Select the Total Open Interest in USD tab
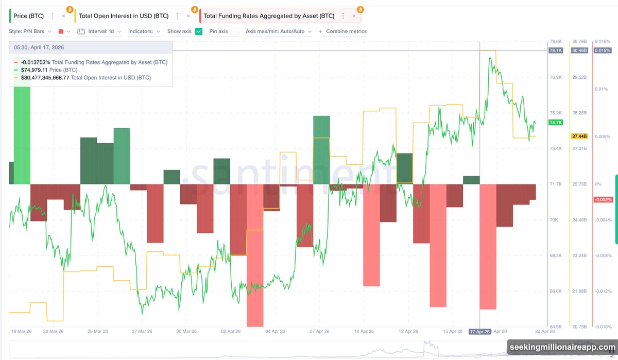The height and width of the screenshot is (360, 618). pyautogui.click(x=123, y=16)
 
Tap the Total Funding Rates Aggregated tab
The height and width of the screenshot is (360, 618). pyautogui.click(x=269, y=16)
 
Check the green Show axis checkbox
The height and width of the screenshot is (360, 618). pyautogui.click(x=199, y=31)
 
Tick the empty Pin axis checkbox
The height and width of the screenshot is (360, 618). pyautogui.click(x=235, y=31)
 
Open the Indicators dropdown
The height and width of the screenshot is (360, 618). pyautogui.click(x=144, y=31)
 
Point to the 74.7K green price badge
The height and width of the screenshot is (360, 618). pyautogui.click(x=556, y=123)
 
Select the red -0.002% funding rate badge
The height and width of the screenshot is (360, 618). pyautogui.click(x=603, y=199)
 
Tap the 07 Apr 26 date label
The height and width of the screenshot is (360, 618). pyautogui.click(x=320, y=332)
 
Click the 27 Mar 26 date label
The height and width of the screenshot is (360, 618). pyautogui.click(x=142, y=332)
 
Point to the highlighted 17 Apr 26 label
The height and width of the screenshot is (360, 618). pyautogui.click(x=479, y=332)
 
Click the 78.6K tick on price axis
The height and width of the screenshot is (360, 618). pyautogui.click(x=555, y=42)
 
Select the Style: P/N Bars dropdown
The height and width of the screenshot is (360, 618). pyautogui.click(x=30, y=31)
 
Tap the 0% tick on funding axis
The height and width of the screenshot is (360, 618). pyautogui.click(x=598, y=184)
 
